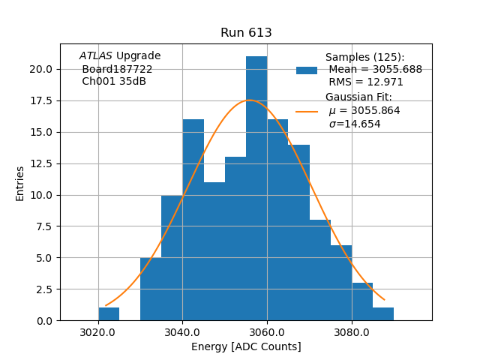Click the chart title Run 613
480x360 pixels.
pyautogui.click(x=246, y=33)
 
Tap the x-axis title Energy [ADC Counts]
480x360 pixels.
pyautogui.click(x=246, y=346)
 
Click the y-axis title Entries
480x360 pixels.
pyautogui.click(x=20, y=183)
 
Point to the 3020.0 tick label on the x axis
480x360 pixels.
pyautogui.click(x=98, y=332)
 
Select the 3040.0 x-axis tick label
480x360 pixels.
pyautogui.click(x=182, y=332)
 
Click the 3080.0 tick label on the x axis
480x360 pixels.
pyautogui.click(x=351, y=332)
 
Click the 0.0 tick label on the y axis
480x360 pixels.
pyautogui.click(x=44, y=321)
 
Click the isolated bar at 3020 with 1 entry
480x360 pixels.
pyautogui.click(x=109, y=314)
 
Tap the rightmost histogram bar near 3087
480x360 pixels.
pyautogui.click(x=383, y=314)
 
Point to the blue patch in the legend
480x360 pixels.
pyautogui.click(x=307, y=70)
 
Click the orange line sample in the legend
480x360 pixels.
pyautogui.click(x=307, y=111)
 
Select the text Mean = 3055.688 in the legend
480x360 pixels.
pyautogui.click(x=375, y=70)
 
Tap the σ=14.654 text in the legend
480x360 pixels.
pyautogui.click(x=355, y=124)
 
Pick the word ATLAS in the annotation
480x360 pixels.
pyautogui.click(x=96, y=56)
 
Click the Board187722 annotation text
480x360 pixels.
pyautogui.click(x=117, y=69)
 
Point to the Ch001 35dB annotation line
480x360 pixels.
pyautogui.click(x=114, y=82)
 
